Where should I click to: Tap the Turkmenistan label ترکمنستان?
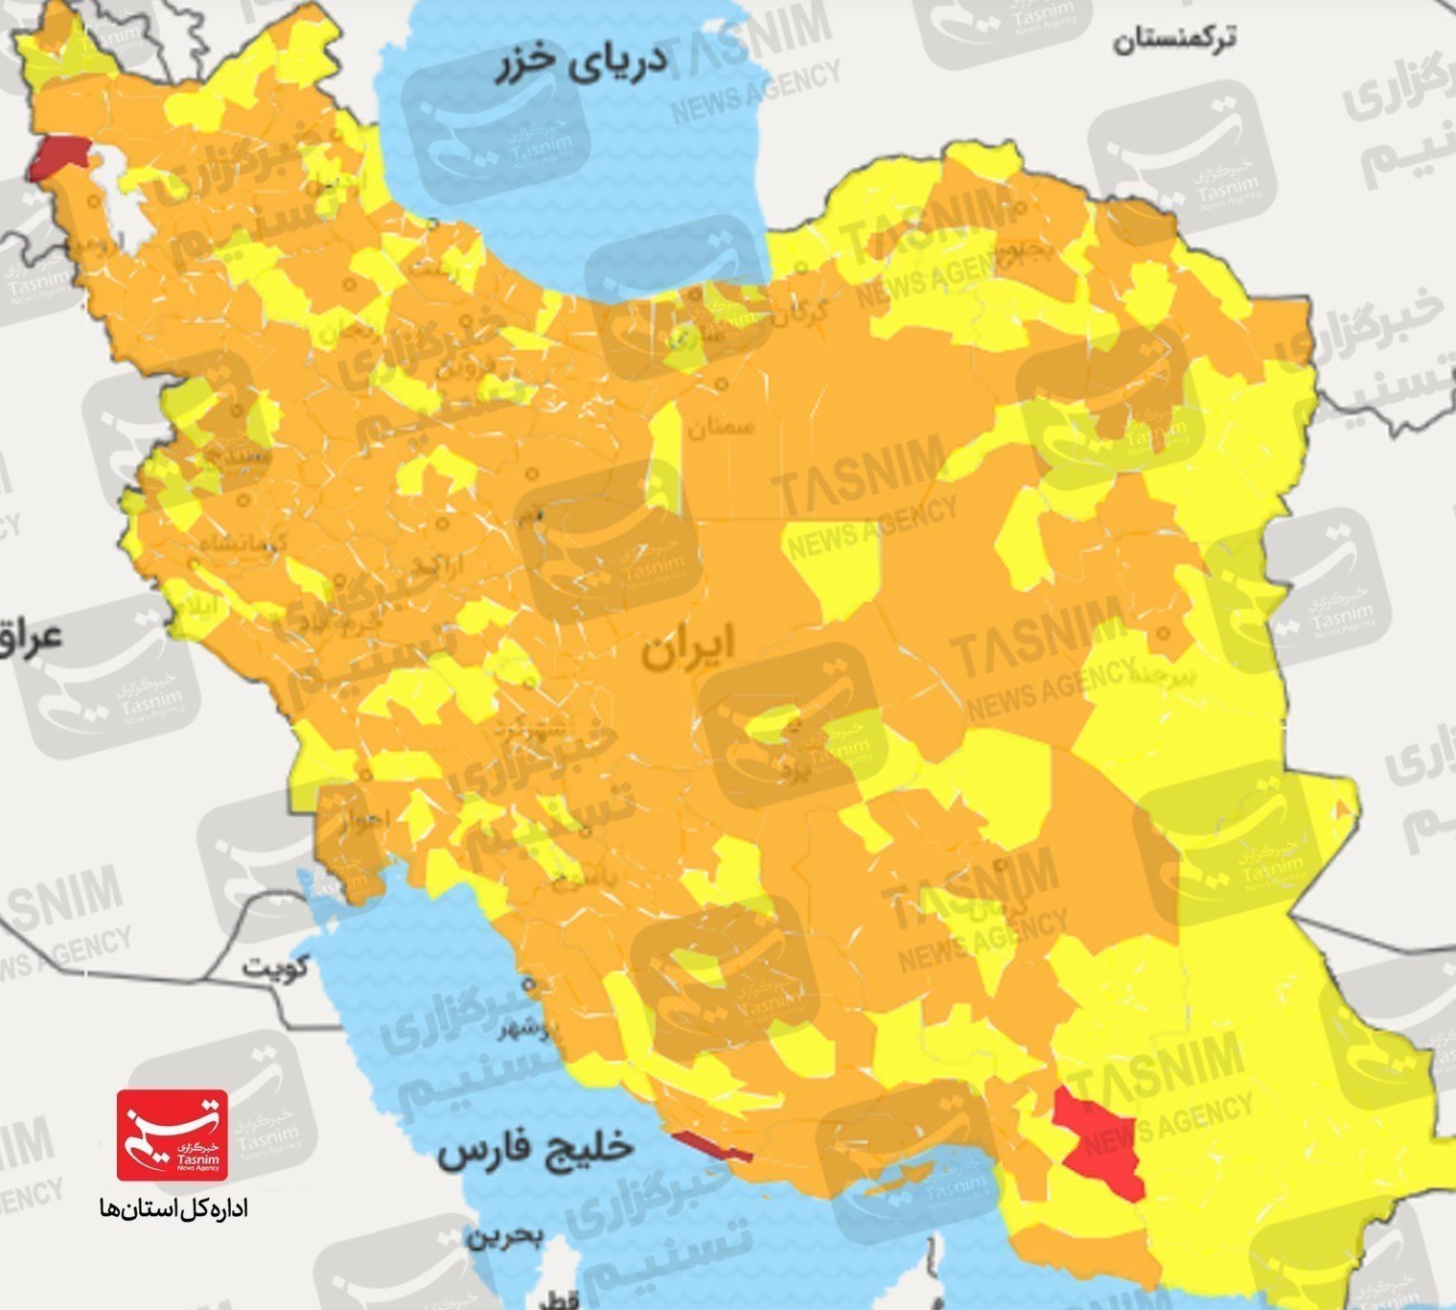coord(1173,39)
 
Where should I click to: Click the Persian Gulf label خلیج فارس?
coord(536,1150)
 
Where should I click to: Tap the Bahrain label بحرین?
coord(505,1236)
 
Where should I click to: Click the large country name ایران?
coord(687,648)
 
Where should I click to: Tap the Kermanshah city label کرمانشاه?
coord(244,544)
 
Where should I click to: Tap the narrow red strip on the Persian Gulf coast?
coord(711,1146)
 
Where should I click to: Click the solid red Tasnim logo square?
coord(173,1135)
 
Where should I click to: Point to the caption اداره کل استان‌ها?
coord(173,1208)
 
